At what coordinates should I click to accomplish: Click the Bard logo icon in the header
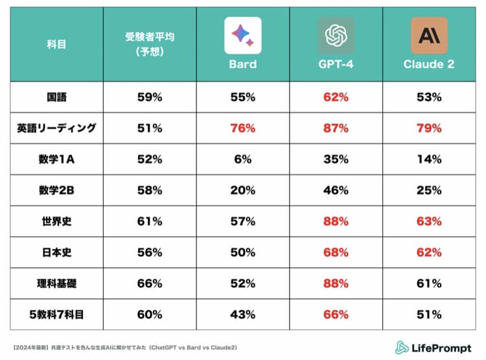[x=243, y=36]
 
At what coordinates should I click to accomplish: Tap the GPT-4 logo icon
[x=336, y=36]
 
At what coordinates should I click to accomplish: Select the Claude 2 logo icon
[x=429, y=36]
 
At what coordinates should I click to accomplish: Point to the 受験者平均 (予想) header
[x=150, y=44]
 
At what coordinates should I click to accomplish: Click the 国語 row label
[x=56, y=97]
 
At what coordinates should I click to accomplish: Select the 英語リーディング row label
[x=56, y=128]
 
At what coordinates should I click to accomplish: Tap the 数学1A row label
[x=56, y=159]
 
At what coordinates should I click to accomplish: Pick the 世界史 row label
[x=56, y=221]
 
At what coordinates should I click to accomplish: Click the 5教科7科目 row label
[x=56, y=315]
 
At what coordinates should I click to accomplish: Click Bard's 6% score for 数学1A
[x=243, y=159]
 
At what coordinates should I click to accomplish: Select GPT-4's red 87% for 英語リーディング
[x=336, y=128]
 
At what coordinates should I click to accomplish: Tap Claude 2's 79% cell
[x=429, y=128]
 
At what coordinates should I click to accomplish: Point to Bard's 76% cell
[x=243, y=128]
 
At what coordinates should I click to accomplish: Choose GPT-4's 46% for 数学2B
[x=336, y=190]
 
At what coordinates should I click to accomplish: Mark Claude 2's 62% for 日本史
[x=429, y=252]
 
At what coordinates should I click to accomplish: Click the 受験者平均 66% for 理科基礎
[x=150, y=283]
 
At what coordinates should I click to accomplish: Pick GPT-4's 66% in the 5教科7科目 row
[x=336, y=315]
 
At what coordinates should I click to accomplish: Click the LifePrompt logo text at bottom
[x=434, y=347]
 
